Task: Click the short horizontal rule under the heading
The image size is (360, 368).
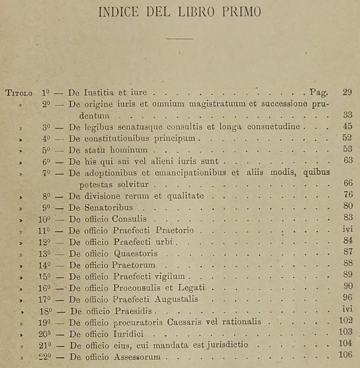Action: point(179,39)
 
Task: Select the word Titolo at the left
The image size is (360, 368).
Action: point(19,93)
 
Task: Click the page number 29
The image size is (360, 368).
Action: point(347,92)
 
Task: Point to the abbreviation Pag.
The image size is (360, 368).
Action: point(319,92)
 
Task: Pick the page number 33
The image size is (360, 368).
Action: point(348,115)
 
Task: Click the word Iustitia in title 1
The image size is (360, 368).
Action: point(99,92)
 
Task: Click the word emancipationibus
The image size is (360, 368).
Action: point(190,173)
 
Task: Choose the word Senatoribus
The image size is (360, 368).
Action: point(109,207)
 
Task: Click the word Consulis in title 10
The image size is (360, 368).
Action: point(129,219)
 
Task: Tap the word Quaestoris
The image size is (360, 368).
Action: point(135,254)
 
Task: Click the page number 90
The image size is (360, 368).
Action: point(348,286)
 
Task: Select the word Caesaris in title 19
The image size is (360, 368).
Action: point(183,322)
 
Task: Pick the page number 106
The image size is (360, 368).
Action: point(345,354)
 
